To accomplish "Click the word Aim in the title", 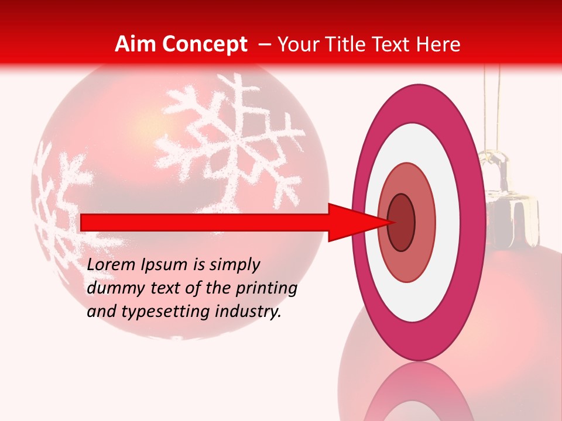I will point(136,44).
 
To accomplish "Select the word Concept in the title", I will point(204,44).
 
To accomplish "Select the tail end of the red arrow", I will point(83,222).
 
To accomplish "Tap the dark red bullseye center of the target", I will point(402,223).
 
